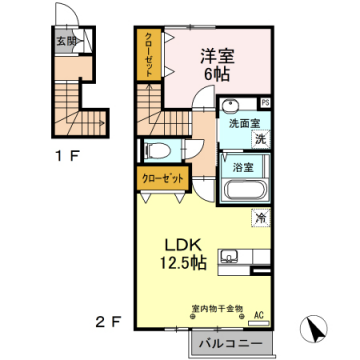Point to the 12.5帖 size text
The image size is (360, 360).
(x=184, y=264)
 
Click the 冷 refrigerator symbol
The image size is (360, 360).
(x=259, y=215)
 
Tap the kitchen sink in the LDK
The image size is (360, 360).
(x=228, y=258)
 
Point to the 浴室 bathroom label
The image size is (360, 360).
(x=241, y=167)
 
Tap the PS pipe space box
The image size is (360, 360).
(x=265, y=102)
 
